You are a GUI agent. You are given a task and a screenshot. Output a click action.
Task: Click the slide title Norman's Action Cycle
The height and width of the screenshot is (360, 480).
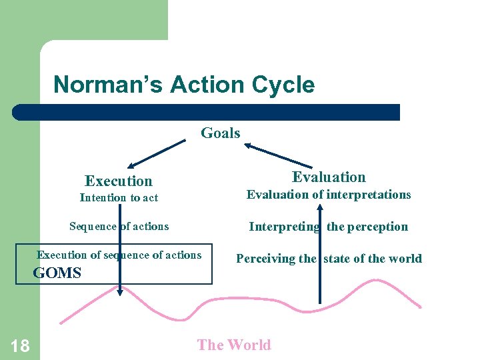tap(183, 85)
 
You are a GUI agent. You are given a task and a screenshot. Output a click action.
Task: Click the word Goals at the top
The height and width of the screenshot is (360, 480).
tap(221, 133)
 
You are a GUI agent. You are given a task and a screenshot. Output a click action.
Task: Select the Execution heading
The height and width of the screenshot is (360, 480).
tap(119, 181)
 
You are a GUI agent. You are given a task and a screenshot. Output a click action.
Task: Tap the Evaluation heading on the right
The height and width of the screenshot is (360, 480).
tap(329, 177)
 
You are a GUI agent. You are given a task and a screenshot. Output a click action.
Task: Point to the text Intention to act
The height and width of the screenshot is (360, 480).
tap(119, 197)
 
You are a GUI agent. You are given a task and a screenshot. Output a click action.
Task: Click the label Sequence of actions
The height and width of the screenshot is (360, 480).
tap(119, 226)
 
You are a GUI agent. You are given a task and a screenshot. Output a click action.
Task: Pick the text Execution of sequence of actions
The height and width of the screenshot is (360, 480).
tap(119, 255)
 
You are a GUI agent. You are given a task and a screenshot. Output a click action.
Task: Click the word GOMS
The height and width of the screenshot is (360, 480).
tap(57, 273)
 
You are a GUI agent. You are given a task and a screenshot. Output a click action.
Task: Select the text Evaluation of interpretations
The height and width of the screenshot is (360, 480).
tap(329, 195)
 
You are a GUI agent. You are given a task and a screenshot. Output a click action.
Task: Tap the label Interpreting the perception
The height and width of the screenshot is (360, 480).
tap(328, 227)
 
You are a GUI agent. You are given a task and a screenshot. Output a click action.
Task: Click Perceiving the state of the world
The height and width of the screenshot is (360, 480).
tap(329, 258)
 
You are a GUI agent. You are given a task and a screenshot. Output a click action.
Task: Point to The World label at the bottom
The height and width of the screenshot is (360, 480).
tap(234, 345)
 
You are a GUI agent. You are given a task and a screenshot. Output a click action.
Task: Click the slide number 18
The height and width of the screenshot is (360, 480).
tap(20, 345)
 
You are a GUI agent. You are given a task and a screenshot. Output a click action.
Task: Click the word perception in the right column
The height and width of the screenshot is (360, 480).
tap(377, 227)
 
